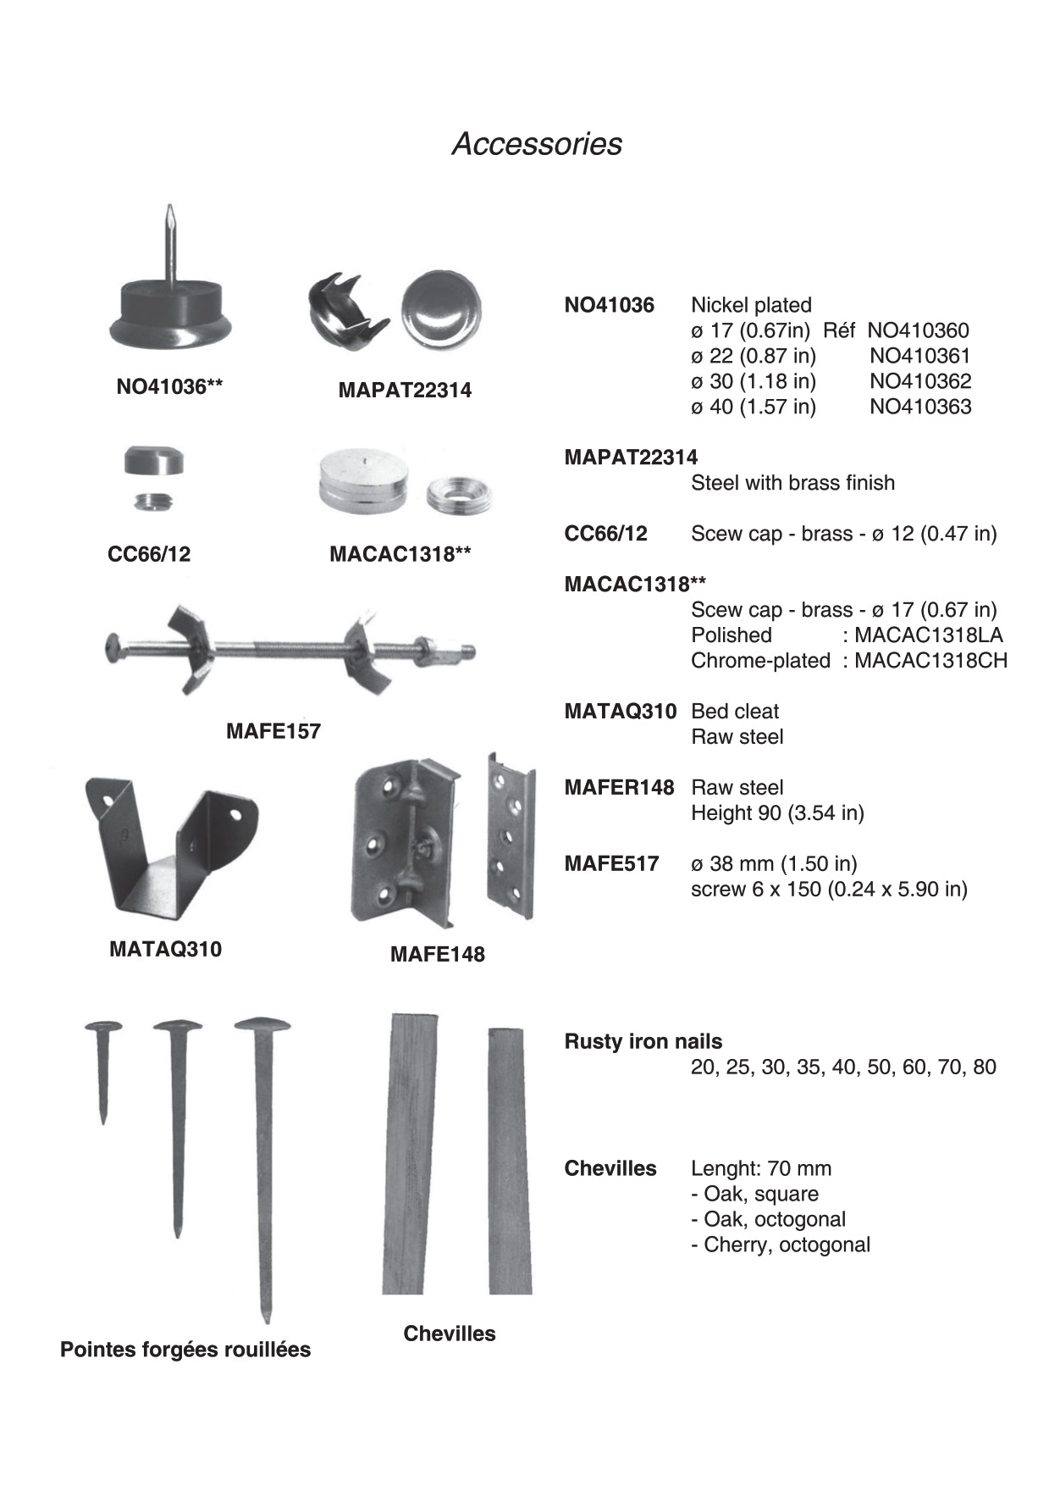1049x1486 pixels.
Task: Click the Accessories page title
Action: [537, 144]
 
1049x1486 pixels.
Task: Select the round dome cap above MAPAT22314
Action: [440, 310]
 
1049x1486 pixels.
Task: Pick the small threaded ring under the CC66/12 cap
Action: [152, 502]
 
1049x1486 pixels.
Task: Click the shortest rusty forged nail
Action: [103, 1067]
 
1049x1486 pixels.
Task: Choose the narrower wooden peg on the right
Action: [510, 1161]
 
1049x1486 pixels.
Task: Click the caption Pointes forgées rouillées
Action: [185, 1350]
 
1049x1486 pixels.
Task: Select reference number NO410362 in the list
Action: [920, 381]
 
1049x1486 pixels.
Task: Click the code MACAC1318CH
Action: [930, 661]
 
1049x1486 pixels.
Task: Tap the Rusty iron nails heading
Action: [643, 1042]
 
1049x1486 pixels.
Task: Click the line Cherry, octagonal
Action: [781, 1245]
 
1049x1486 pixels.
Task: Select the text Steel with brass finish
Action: [792, 483]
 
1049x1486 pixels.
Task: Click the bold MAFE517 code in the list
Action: [611, 864]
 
